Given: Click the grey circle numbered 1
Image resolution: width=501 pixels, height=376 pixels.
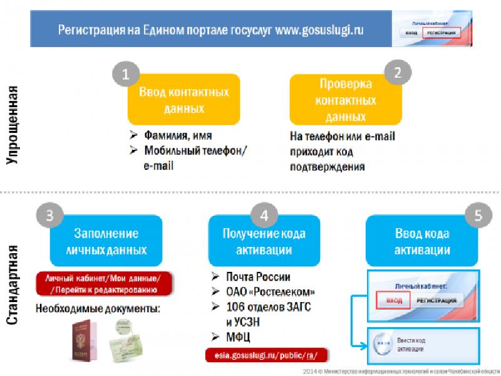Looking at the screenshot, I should pos(125,75).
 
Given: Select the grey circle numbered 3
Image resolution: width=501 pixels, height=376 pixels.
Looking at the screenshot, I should pos(49,214).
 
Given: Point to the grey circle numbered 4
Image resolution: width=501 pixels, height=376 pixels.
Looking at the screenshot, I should pos(264,214).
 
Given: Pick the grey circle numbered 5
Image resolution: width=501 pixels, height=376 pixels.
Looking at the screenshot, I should pos(478,216).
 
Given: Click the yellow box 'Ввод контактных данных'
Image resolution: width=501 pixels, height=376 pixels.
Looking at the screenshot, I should pos(183,100).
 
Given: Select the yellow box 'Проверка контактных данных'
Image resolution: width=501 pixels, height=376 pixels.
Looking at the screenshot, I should pos(346,100).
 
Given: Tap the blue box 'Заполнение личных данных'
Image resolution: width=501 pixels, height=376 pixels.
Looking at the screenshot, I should pos(106,241).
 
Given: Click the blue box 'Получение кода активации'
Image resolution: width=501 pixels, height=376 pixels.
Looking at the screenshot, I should pos(264,241).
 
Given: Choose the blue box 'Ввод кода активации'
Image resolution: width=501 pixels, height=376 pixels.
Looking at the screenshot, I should pos(421,241).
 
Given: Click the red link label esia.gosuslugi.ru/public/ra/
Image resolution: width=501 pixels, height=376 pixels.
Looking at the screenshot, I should pos(266,355).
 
